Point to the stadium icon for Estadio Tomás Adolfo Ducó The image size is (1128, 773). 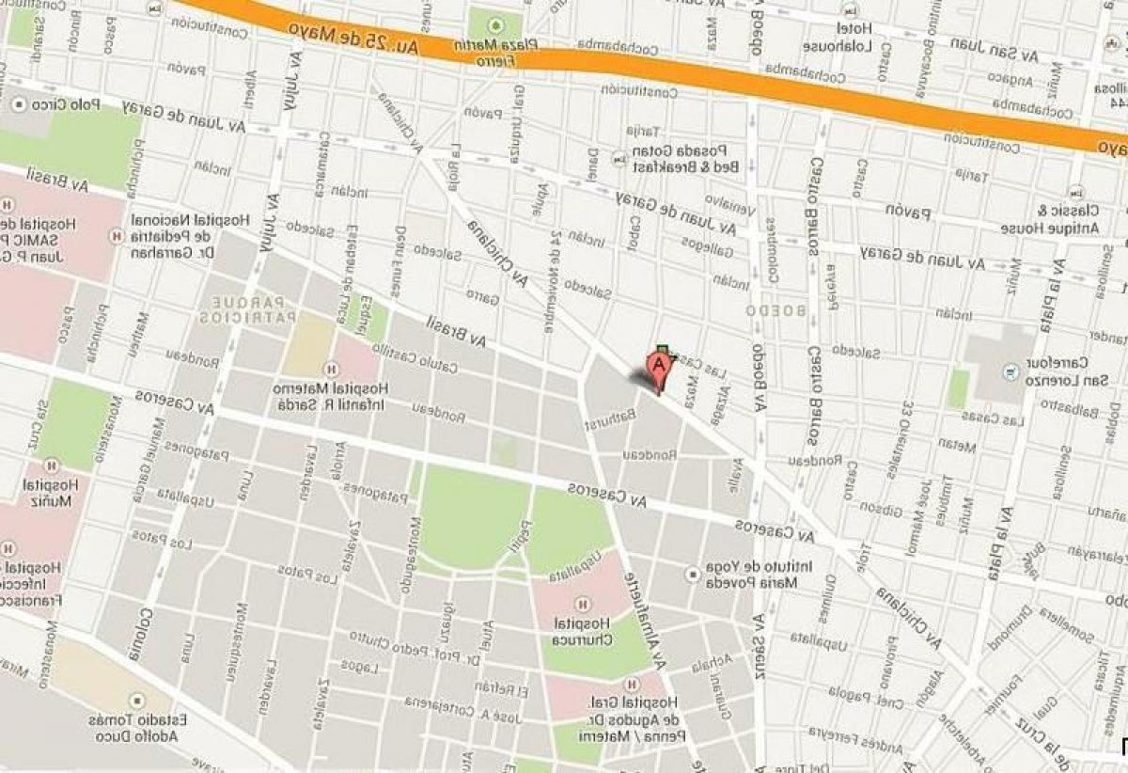click(x=137, y=701)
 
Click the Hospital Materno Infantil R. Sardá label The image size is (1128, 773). click(x=321, y=398)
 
